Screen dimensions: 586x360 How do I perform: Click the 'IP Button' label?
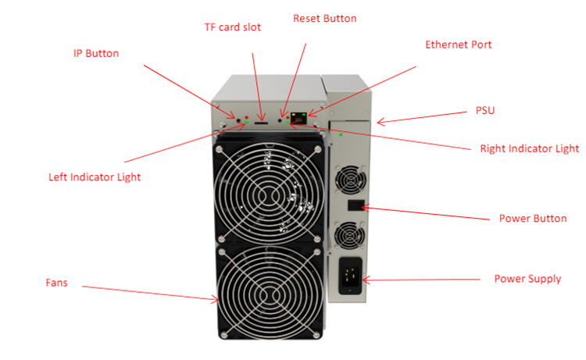coord(96,53)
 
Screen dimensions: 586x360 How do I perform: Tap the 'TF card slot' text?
coord(233,27)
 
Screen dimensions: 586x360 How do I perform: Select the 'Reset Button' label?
coord(324,19)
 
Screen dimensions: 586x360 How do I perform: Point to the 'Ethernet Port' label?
coord(458,45)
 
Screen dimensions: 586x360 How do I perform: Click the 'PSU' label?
coord(484,111)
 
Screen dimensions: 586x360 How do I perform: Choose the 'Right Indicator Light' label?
coord(529,148)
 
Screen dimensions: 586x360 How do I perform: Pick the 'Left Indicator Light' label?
coord(95,177)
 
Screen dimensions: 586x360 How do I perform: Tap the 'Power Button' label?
coord(533,219)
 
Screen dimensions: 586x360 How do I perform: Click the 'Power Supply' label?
coord(527,279)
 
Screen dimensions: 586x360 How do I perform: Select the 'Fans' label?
coord(56,283)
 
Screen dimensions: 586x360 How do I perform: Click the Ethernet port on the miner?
coord(298,118)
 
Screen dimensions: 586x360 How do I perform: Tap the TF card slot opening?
coord(260,122)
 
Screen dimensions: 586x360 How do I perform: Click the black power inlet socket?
coord(350,276)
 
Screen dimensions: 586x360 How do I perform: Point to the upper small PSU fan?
coord(351,180)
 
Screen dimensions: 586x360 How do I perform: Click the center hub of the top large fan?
coord(270,194)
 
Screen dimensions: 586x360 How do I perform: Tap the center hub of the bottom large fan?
coord(270,297)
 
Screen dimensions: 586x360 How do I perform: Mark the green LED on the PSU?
coord(340,134)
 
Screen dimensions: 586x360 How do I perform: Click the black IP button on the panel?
coord(238,120)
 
